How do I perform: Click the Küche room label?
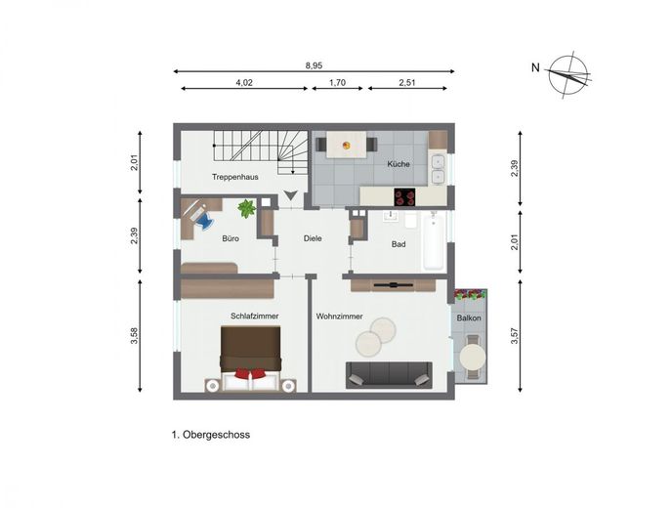point(399,164)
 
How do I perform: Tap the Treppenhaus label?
point(234,177)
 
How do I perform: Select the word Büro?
point(231,238)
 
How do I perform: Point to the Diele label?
point(313,238)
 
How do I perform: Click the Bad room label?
point(399,244)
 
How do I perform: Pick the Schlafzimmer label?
point(255,316)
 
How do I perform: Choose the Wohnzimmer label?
point(340,317)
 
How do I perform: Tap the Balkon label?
point(469,318)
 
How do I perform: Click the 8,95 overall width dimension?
point(314,65)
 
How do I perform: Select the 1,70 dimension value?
point(337,83)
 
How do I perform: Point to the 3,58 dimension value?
point(135,336)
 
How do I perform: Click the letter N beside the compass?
point(535,67)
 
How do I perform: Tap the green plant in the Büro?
point(247,208)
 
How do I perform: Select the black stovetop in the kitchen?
point(405,197)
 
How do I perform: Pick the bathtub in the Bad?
point(434,240)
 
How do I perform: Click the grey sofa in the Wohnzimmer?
point(389,375)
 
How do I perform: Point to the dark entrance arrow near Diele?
point(290,195)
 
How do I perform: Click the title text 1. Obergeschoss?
point(211,435)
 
